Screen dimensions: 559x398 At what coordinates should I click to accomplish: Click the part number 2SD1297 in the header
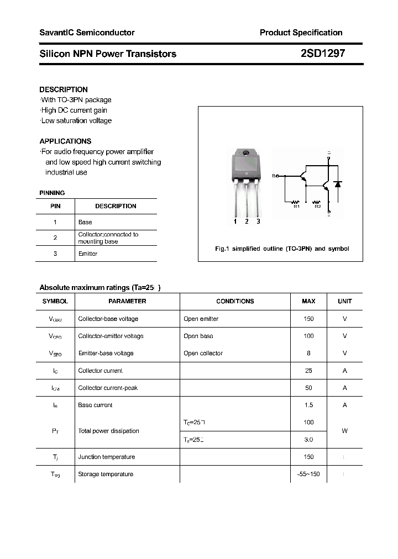coord(323,54)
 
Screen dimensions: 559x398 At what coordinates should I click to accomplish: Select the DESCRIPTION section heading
coord(64,89)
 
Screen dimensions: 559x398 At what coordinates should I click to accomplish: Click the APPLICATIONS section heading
coord(65,141)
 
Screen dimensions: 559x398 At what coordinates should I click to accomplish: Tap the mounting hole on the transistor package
coord(246,152)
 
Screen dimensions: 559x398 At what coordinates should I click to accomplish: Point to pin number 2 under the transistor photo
coord(247,222)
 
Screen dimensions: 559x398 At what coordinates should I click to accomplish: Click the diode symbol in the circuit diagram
coord(338,184)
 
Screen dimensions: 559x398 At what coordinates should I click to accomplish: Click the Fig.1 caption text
coord(282,249)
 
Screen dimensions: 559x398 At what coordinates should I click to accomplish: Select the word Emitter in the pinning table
coord(88,254)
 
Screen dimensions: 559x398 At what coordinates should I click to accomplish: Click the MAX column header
coord(308,301)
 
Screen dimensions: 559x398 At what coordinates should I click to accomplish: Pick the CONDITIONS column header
coord(235,301)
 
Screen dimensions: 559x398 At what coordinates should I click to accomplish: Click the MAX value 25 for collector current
coord(308,371)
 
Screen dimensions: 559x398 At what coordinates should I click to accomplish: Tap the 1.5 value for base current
coord(308,405)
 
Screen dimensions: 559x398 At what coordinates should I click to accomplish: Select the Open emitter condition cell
coord(201,319)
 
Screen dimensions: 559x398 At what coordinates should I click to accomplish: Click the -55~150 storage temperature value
coord(308,474)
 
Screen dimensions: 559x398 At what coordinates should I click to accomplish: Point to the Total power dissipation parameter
coord(109,431)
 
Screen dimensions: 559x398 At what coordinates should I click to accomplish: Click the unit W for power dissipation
coord(344,431)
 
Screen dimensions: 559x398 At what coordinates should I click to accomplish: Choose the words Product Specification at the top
coord(301,33)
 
